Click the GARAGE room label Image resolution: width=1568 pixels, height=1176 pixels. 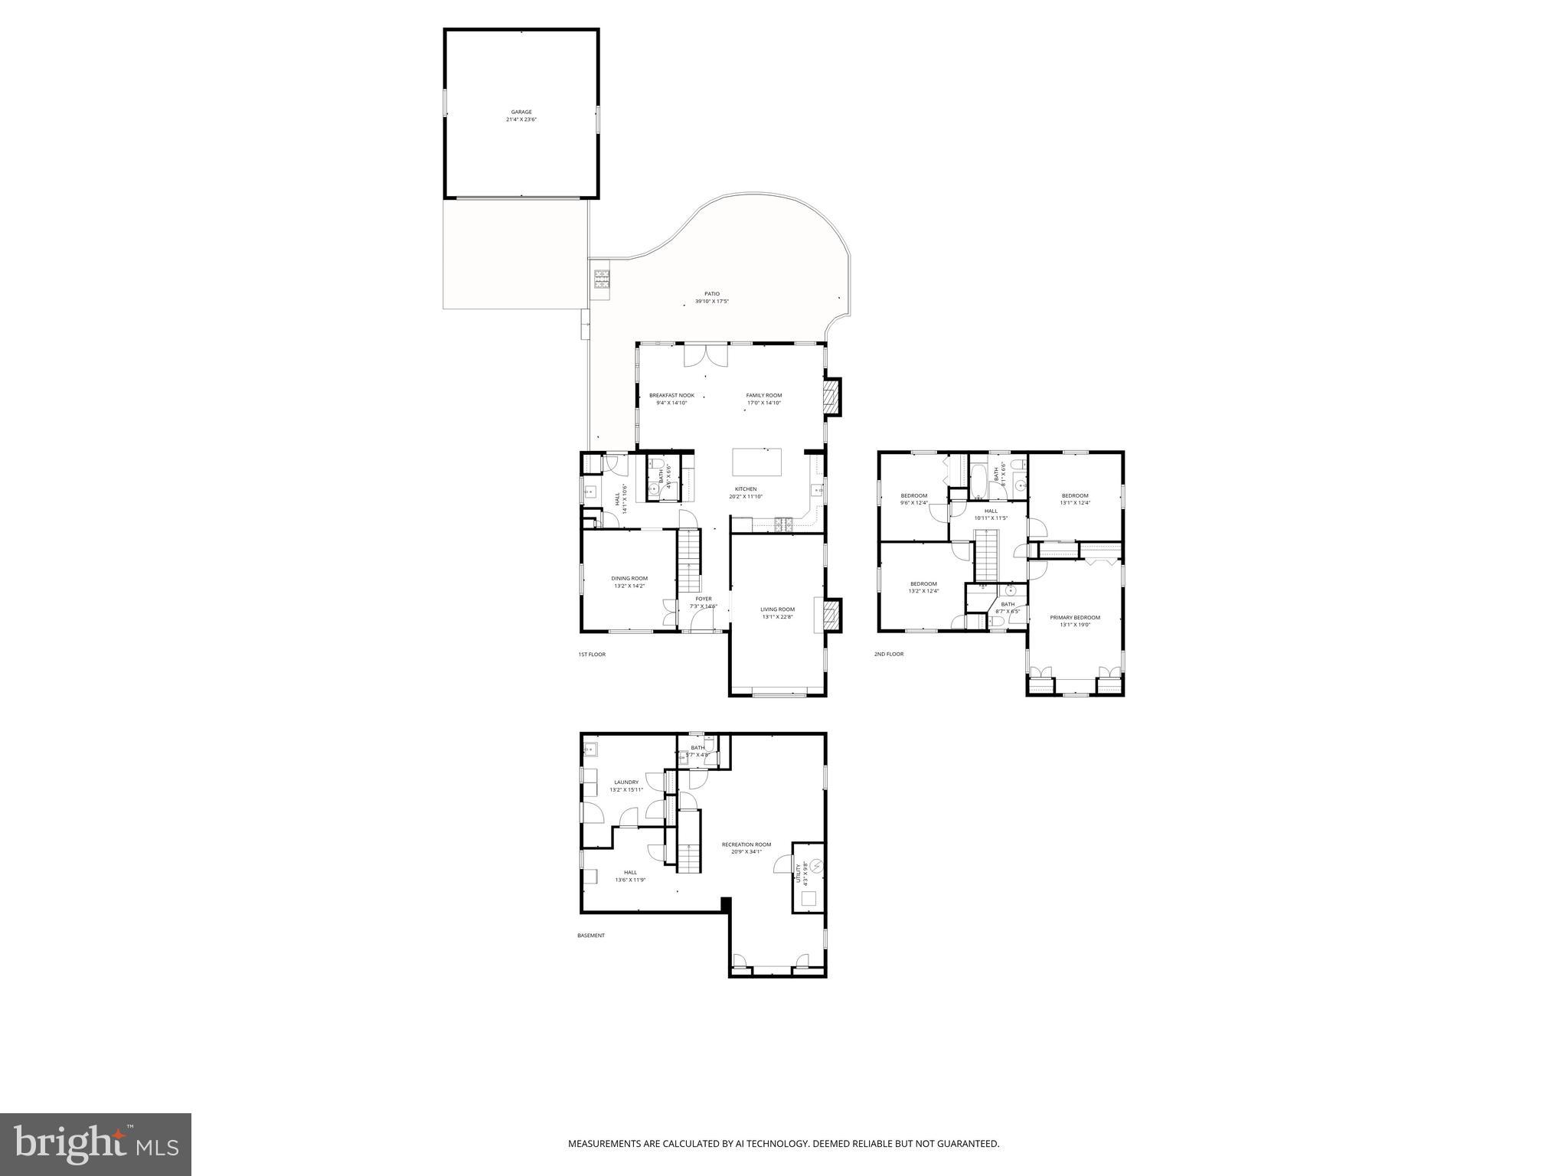tap(521, 112)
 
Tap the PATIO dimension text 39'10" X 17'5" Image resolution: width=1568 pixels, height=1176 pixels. tap(711, 302)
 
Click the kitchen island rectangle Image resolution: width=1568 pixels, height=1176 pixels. tap(757, 462)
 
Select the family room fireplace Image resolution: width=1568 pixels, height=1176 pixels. tap(831, 397)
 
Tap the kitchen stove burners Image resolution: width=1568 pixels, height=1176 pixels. tap(784, 524)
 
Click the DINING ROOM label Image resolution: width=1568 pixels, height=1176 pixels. tap(629, 578)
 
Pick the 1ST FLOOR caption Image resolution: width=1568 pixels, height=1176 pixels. tap(591, 655)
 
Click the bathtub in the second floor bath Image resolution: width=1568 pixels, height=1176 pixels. tap(978, 480)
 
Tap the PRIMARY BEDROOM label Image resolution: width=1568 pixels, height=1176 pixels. tap(1074, 617)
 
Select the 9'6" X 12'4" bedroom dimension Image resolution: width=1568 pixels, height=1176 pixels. tap(914, 503)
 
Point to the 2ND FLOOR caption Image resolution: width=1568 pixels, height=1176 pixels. tap(888, 655)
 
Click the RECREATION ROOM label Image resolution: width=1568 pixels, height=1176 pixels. tap(746, 844)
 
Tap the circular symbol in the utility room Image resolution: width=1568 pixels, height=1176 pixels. tap(816, 866)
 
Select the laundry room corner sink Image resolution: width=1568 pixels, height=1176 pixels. tap(591, 749)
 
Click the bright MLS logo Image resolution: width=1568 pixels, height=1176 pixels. tap(96, 1144)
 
